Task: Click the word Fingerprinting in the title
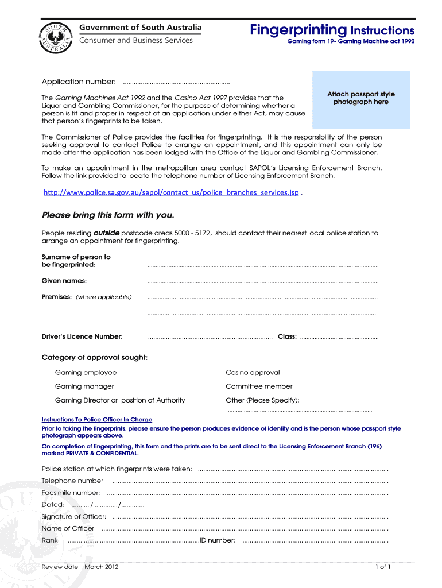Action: click(298, 29)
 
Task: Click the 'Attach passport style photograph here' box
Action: click(360, 99)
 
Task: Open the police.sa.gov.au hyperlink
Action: click(171, 192)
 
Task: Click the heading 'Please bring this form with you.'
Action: click(107, 215)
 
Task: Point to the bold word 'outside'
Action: click(106, 233)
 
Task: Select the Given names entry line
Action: click(263, 282)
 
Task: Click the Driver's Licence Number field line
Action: click(210, 338)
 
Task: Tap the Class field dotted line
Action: click(339, 338)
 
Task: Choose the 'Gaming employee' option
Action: click(86, 373)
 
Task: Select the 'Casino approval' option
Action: click(253, 373)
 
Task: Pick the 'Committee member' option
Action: click(259, 386)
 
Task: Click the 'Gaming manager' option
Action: click(84, 386)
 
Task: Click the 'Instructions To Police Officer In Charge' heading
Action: click(97, 420)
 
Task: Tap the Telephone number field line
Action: click(250, 482)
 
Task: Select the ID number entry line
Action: click(315, 541)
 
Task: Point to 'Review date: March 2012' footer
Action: click(80, 567)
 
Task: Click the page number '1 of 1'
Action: click(383, 567)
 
